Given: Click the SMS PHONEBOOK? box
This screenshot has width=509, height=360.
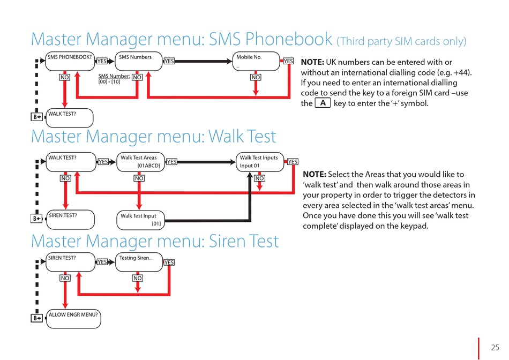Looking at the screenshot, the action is point(70,61).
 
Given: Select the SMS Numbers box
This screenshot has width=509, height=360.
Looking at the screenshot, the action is point(139,61).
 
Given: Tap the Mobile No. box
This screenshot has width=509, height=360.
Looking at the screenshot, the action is point(256,61).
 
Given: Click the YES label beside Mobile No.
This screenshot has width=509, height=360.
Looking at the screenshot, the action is point(288,61).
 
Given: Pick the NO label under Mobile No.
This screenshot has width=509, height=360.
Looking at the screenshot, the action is point(256,77).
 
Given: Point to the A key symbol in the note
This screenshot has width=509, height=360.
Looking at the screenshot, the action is point(323,103).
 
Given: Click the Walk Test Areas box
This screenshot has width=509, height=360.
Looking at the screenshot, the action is point(140,162).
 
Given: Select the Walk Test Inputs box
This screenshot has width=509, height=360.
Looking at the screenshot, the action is point(260,162).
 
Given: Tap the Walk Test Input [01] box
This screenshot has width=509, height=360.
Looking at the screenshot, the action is point(140,220).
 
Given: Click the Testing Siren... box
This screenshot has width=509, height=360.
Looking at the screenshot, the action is point(139,262).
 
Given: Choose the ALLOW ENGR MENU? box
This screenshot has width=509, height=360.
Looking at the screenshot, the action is point(73,319).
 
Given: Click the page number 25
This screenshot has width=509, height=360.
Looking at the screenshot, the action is point(495,348).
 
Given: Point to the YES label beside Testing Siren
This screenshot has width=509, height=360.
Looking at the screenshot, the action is point(169,262).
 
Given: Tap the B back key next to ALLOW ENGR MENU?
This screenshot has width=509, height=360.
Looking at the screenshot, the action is point(36,318).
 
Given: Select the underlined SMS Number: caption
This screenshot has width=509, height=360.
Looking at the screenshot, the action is point(114,76).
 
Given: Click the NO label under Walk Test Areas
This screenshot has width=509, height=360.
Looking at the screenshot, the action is point(139,178).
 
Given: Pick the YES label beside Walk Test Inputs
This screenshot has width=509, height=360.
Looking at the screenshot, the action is point(293,162).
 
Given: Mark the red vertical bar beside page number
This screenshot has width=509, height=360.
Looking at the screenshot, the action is point(478,349).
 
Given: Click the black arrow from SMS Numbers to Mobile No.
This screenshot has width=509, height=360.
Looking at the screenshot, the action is point(204,61).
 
